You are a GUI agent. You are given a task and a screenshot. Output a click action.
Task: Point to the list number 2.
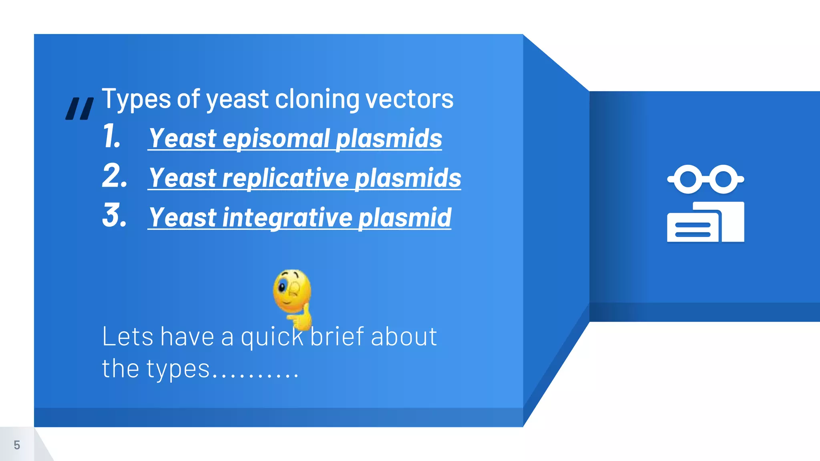pos(115,176)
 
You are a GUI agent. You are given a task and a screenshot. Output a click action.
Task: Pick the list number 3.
pos(115,215)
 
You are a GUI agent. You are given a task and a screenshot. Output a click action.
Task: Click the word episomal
pos(276,138)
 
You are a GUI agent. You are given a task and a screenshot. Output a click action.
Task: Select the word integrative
pos(287,218)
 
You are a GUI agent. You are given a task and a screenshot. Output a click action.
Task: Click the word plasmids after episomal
pos(389,138)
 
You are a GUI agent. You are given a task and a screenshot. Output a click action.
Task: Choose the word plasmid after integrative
pos(405,218)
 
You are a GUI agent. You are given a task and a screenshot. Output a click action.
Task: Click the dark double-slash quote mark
pos(79,109)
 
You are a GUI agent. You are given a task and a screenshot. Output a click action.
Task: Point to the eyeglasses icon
pos(705,179)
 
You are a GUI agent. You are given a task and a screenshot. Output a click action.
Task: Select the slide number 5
pos(17,445)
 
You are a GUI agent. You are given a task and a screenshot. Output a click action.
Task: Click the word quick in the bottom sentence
pos(272,337)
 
